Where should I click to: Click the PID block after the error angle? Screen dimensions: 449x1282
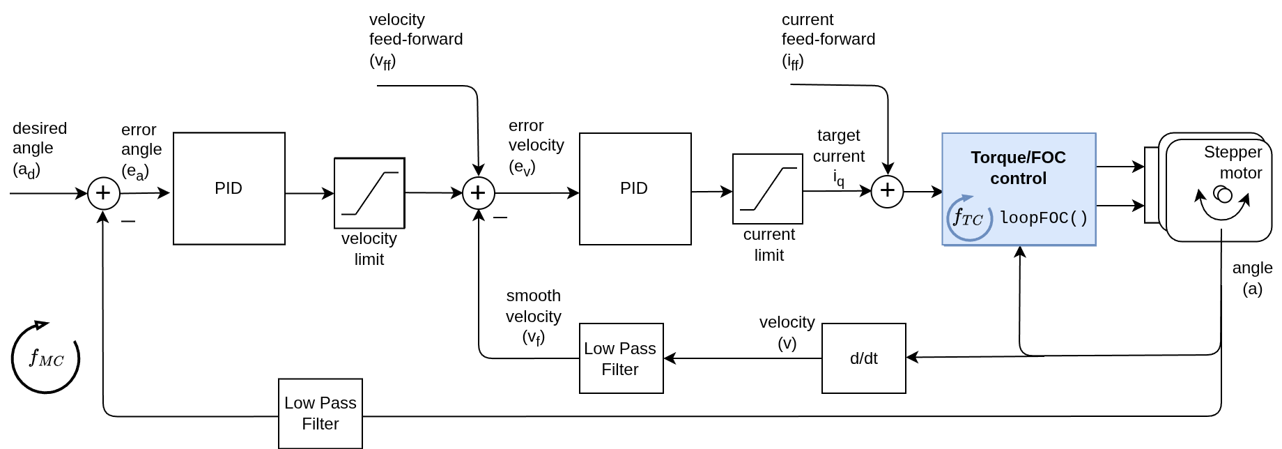[x=229, y=188]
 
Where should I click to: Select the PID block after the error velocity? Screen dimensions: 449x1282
[x=635, y=188]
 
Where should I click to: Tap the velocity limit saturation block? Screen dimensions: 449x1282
[x=369, y=193]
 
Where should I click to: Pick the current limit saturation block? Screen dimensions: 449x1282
[x=768, y=189]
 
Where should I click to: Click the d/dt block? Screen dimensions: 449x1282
[x=863, y=358]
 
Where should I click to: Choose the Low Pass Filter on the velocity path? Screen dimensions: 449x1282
[x=621, y=358]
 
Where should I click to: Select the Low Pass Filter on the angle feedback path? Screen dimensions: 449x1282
[x=320, y=413]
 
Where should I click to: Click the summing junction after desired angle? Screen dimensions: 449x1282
[x=103, y=193]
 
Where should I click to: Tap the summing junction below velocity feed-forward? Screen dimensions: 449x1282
[x=479, y=193]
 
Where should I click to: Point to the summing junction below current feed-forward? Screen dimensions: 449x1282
[x=888, y=191]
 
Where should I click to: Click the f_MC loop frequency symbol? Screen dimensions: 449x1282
[x=46, y=358]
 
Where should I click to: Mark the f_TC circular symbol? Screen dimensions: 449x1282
[x=968, y=218]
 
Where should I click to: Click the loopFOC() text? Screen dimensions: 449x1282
[x=1043, y=218]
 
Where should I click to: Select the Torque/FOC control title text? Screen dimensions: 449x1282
[x=1018, y=168]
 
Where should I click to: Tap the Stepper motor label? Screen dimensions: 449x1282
[x=1233, y=162]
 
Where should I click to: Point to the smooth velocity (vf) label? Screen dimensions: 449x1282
[x=534, y=317]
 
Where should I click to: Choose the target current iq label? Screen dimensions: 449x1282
[x=839, y=157]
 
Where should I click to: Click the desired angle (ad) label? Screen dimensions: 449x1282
[x=39, y=149]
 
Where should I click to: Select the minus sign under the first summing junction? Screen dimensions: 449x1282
[x=128, y=222]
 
